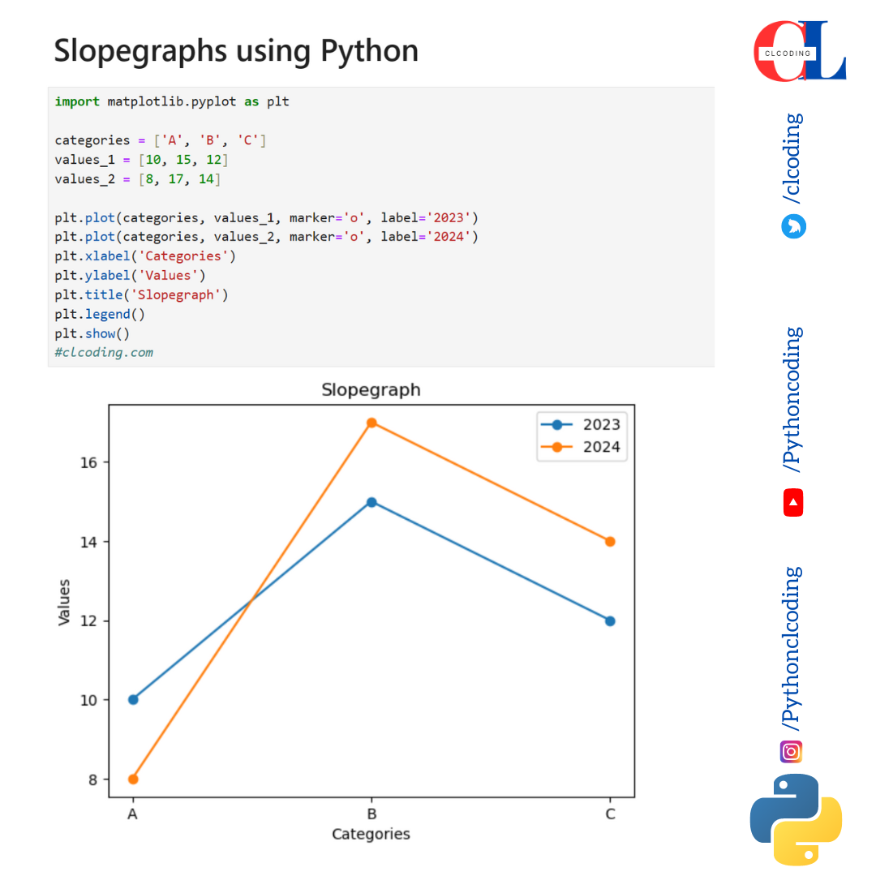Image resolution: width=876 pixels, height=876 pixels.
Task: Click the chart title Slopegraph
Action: pos(371,389)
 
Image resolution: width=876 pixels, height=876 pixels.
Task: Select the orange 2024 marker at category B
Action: pos(371,423)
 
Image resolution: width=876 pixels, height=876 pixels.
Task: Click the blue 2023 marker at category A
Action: pos(133,699)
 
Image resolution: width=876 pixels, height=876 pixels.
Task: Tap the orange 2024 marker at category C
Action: pos(610,542)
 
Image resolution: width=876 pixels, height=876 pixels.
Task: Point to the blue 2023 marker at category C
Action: pos(610,621)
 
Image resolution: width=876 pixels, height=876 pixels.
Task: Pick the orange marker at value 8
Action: pos(133,779)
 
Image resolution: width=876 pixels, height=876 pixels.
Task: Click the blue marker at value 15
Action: pos(371,502)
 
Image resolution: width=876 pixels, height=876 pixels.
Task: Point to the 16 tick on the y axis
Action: pos(88,462)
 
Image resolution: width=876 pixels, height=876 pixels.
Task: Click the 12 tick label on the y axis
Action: pos(88,621)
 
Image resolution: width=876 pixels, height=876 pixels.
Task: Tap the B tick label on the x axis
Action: pos(371,814)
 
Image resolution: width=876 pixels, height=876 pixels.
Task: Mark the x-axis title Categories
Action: pos(371,834)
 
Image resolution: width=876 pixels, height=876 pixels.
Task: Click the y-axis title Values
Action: pos(64,601)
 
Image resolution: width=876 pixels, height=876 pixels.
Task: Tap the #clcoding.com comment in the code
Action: pos(104,352)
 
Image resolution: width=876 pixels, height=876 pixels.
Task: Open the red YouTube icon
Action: pos(792,503)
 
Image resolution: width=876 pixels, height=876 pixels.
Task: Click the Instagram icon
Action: pos(792,752)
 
